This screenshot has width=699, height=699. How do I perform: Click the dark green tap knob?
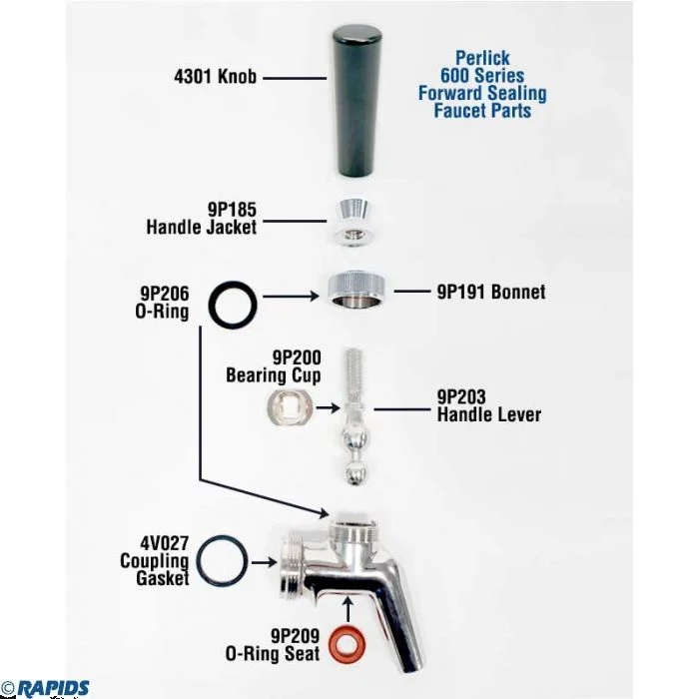(x=356, y=102)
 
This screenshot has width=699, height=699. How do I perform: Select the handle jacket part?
(x=353, y=222)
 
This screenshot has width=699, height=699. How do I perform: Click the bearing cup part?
(x=290, y=407)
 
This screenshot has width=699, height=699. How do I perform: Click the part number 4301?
(x=193, y=77)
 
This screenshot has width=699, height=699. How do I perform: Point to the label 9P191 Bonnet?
(x=491, y=292)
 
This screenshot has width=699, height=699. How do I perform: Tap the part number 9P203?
(x=461, y=396)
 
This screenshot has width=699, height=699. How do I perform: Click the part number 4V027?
(x=165, y=543)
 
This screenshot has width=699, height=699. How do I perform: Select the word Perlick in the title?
(x=482, y=58)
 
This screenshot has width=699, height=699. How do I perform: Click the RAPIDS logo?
(x=53, y=688)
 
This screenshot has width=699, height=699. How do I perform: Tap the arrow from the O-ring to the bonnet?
(x=291, y=296)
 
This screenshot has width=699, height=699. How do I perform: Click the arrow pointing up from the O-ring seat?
(x=349, y=609)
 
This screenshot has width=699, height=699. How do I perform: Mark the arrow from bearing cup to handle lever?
(x=329, y=407)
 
